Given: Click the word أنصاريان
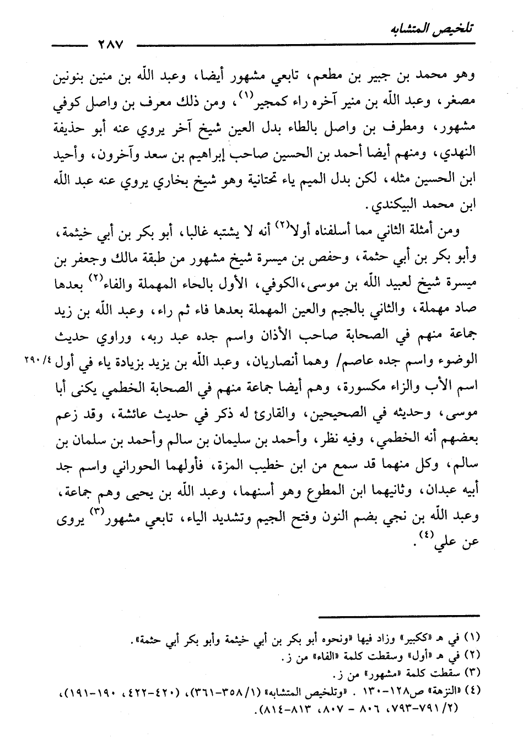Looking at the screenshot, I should click(x=265, y=362).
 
